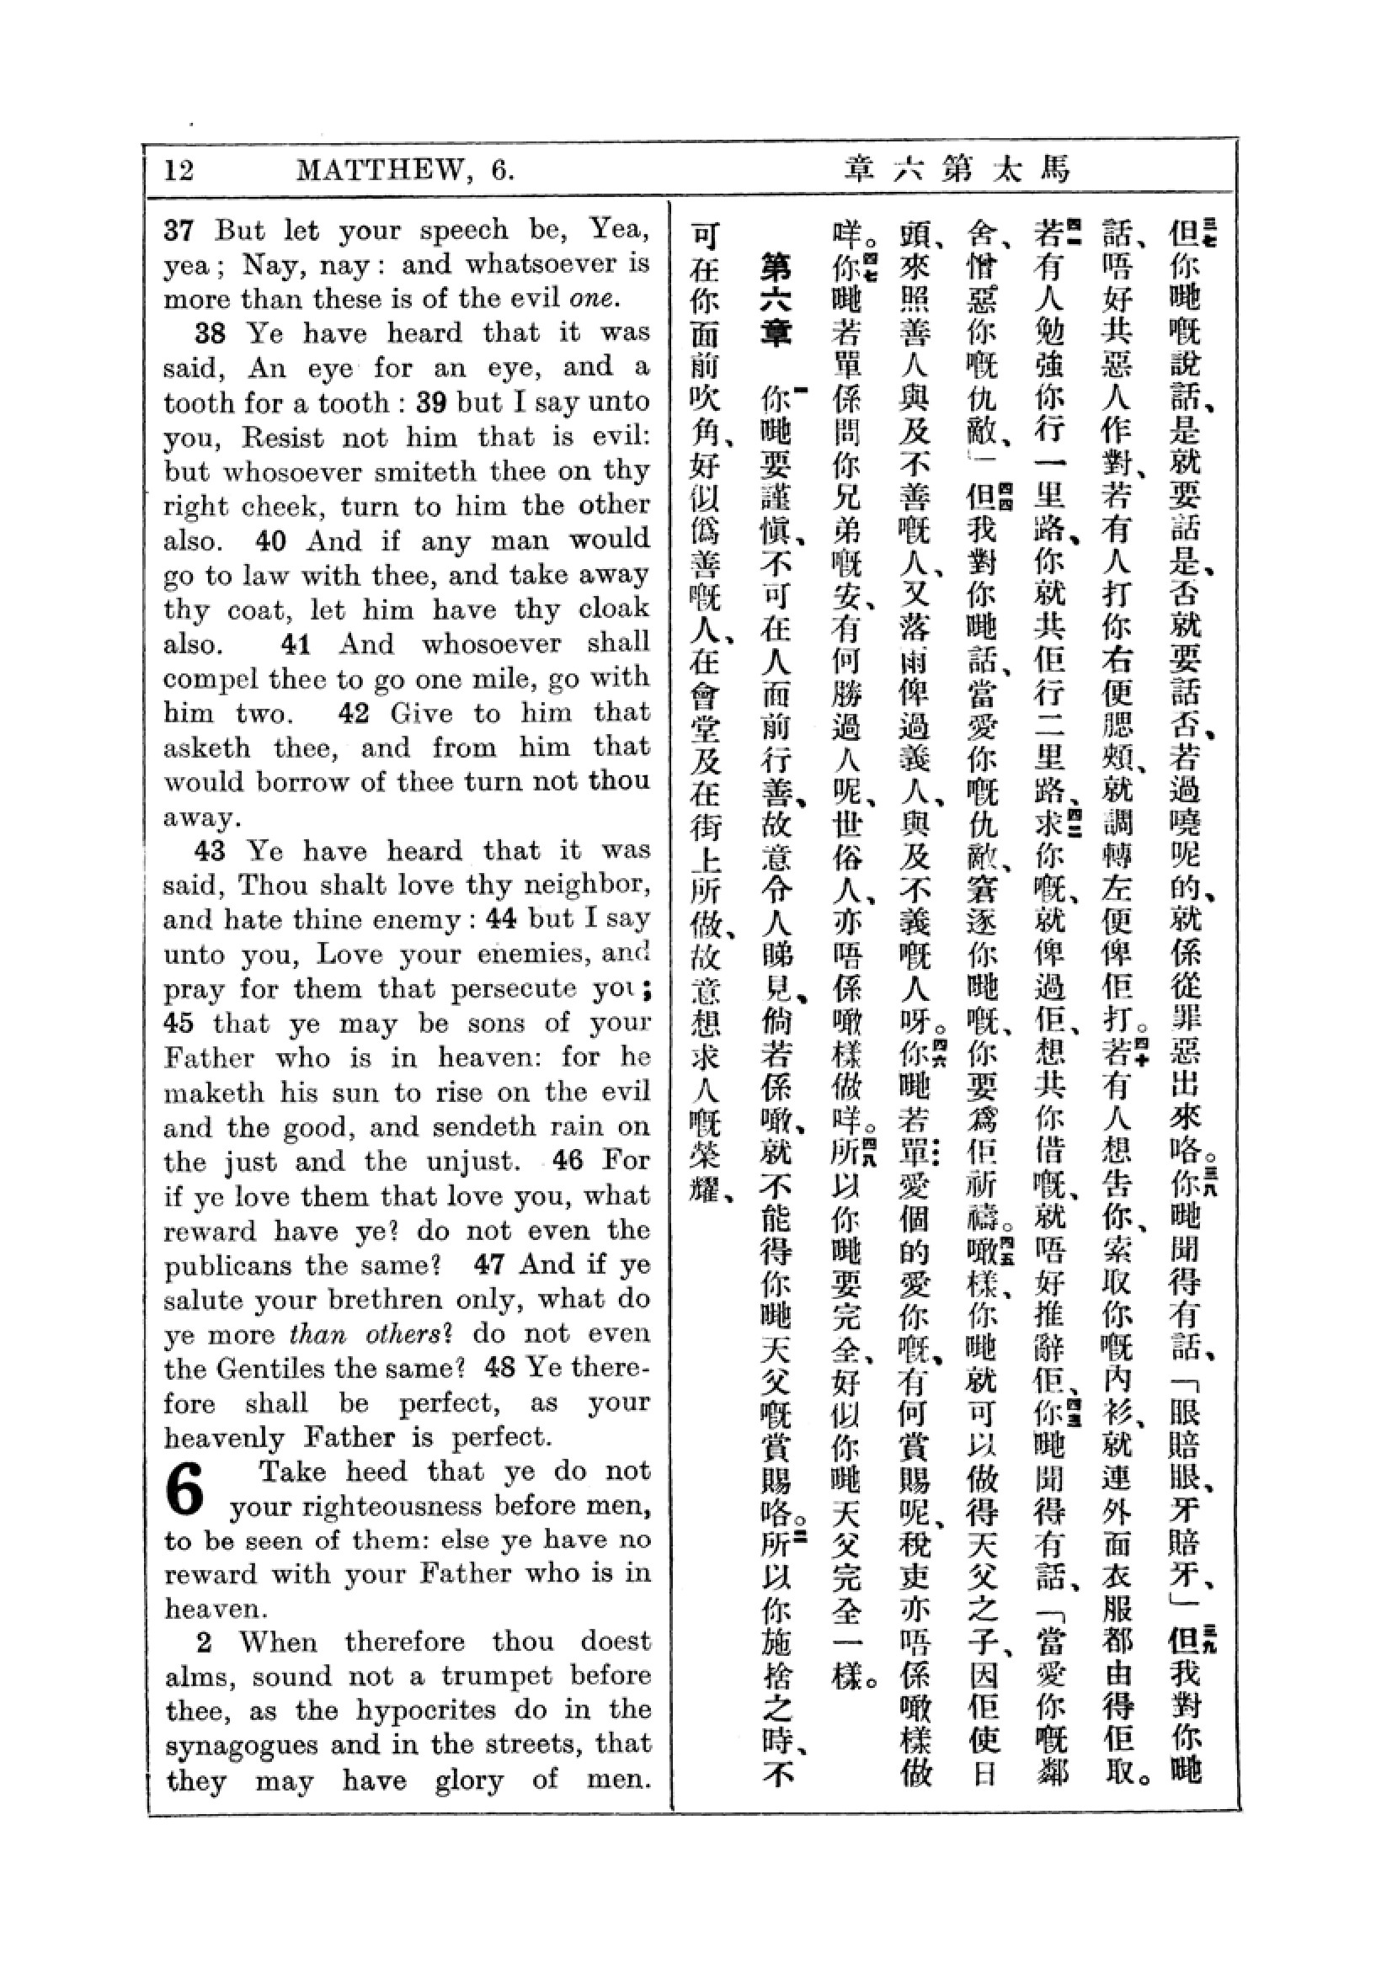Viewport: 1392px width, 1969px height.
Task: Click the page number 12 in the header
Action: [x=179, y=170]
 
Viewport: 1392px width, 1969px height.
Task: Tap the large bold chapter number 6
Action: [x=186, y=1490]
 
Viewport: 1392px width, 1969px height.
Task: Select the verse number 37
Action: [x=179, y=230]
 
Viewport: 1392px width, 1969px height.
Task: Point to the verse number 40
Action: [x=271, y=541]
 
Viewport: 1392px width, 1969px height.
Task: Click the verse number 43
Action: [x=211, y=851]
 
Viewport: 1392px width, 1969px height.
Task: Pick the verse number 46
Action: [x=568, y=1161]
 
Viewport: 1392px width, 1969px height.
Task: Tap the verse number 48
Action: [x=500, y=1368]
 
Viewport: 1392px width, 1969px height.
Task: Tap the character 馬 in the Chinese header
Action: [x=1055, y=169]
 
